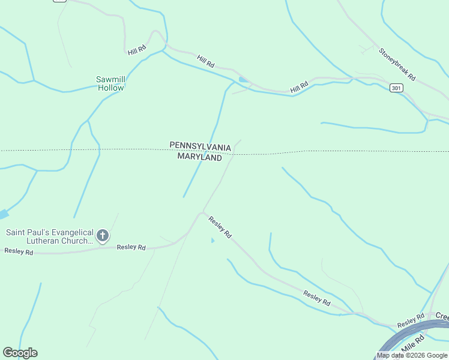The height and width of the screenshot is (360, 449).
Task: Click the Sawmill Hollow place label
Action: [110, 83]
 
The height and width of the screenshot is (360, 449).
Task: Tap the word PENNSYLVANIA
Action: [200, 146]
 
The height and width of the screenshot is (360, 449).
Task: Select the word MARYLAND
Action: [199, 157]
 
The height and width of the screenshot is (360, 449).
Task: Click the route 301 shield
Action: [396, 88]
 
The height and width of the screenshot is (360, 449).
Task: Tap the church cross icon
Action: [103, 236]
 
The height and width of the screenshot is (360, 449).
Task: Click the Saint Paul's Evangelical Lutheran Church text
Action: [50, 236]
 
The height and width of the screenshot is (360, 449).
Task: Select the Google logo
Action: [20, 353]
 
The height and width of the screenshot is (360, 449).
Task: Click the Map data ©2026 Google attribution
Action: [412, 356]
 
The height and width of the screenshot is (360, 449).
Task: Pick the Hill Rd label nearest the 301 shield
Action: [299, 87]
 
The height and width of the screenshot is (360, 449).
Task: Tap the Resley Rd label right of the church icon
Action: [131, 247]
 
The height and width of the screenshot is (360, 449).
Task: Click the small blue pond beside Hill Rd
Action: [243, 79]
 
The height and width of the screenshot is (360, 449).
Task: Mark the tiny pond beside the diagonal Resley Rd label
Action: [212, 241]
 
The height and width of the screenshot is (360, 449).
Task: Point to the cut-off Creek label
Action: [442, 316]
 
